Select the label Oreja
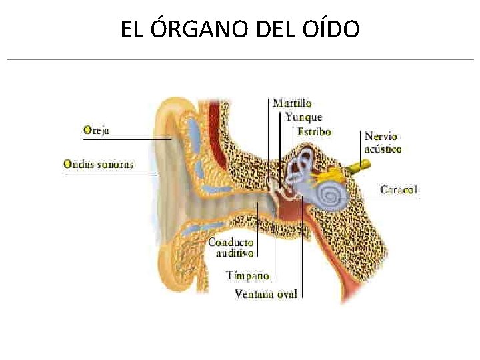point(97,131)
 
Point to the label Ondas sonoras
point(99,164)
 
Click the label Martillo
point(292,103)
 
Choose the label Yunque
point(303,117)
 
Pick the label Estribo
point(314,131)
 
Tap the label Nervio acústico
point(383,143)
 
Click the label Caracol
point(399,189)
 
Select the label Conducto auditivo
point(231,247)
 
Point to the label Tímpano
point(247,275)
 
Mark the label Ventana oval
point(265,293)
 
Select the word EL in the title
point(131,29)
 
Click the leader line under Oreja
point(127,139)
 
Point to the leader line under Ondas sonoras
point(110,173)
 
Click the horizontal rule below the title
point(240,60)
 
